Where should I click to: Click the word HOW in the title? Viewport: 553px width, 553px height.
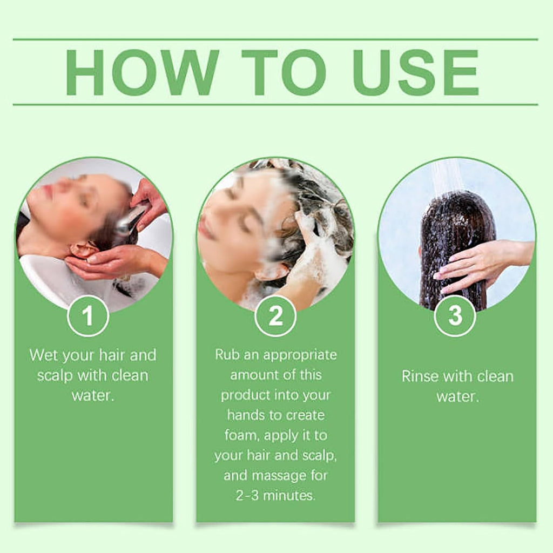pos(142,72)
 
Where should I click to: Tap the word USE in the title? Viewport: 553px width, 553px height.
pos(416,72)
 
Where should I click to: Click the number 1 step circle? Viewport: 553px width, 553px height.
pos(88,315)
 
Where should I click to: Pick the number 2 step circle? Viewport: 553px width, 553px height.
pos(275,315)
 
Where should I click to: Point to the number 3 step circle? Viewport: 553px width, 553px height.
pos(455,315)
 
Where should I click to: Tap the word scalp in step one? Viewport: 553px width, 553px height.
pos(55,376)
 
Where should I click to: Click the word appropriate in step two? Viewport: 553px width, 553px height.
pos(300,355)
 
